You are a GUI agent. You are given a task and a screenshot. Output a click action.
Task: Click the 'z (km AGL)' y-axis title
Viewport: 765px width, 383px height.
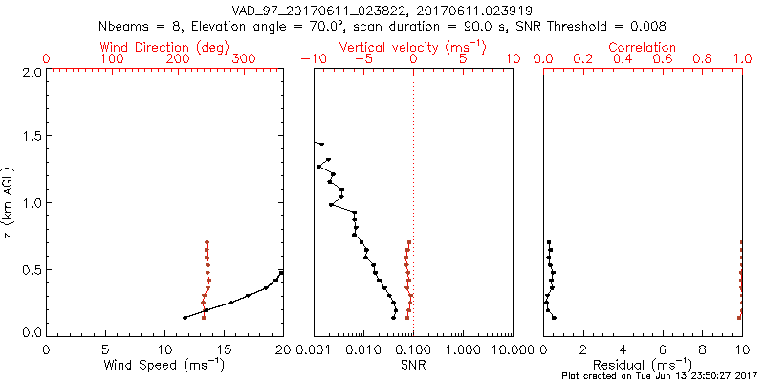pyautogui.click(x=11, y=202)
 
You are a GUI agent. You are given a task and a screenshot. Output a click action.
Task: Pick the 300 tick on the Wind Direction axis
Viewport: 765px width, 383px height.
pyautogui.click(x=244, y=59)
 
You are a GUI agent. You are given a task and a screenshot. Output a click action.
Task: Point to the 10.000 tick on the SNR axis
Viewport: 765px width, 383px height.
pyautogui.click(x=510, y=349)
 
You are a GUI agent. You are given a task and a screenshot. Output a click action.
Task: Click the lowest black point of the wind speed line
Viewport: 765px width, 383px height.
pyautogui.click(x=185, y=318)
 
